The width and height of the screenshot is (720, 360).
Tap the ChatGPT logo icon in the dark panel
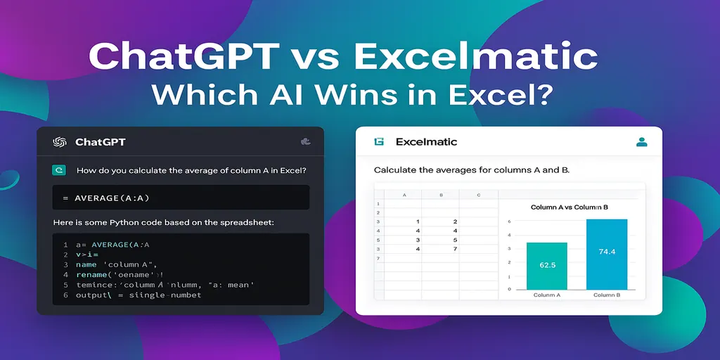click(x=59, y=142)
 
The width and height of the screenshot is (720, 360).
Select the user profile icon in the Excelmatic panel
click(x=641, y=142)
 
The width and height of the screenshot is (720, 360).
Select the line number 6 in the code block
click(x=65, y=295)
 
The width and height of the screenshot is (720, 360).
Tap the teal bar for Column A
click(x=546, y=266)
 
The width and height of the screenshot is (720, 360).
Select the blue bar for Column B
click(x=606, y=254)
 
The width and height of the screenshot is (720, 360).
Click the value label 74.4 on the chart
click(x=606, y=251)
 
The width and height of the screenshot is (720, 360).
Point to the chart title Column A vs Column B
click(x=568, y=207)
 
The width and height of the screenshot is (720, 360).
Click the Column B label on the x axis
click(x=606, y=295)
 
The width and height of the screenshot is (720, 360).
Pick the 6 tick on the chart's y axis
click(x=508, y=221)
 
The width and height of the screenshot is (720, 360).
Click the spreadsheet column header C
click(x=478, y=195)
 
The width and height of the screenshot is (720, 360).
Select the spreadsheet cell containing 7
click(x=456, y=249)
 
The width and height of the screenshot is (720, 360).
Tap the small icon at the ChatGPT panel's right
click(x=305, y=142)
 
